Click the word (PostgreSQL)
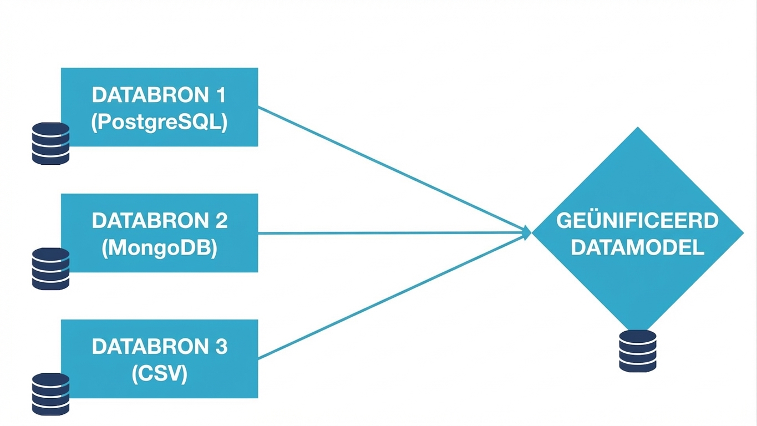[x=159, y=123]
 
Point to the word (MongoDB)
[x=159, y=248]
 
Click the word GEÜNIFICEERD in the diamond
[x=637, y=221]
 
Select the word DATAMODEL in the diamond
[x=637, y=247]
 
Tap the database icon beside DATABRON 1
[x=50, y=143]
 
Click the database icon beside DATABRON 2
[x=50, y=268]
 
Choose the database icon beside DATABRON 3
[x=50, y=394]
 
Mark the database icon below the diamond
[x=637, y=351]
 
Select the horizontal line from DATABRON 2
[x=388, y=233]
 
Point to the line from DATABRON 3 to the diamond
[x=388, y=297]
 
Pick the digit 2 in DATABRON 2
[x=220, y=221]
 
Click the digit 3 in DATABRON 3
[x=220, y=347]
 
